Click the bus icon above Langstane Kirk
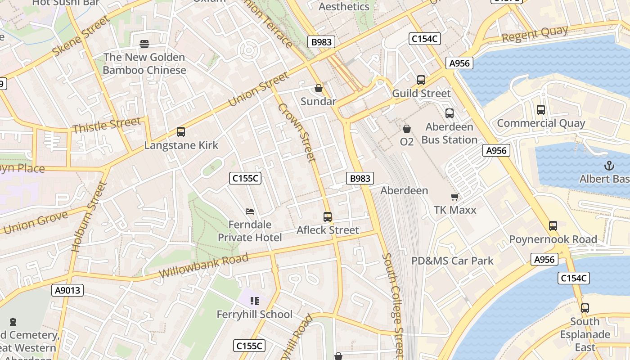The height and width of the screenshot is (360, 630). coord(181,132)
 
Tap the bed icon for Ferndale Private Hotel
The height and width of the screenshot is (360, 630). coord(250,211)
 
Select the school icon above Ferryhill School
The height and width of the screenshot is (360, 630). coord(255,301)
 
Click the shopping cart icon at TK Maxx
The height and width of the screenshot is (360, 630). coord(455,197)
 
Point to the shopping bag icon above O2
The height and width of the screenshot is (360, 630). coord(407,129)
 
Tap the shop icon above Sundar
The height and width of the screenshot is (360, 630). coord(319,88)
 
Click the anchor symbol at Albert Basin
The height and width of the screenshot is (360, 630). coord(609,166)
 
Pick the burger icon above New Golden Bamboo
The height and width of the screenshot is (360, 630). coord(144,44)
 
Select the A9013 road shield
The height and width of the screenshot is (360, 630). coord(67,290)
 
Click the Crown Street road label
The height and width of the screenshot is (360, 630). coord(297,132)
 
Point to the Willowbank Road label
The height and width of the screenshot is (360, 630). coord(203,266)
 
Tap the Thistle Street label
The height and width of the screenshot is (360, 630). coord(107,126)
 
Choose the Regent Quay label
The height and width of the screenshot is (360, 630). coord(535,34)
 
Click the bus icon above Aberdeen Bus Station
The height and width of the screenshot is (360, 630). coord(450,113)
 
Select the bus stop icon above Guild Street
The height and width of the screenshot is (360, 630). coord(421,80)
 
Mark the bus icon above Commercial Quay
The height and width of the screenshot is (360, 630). coord(541,110)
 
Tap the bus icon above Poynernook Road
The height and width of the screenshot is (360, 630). coord(553,226)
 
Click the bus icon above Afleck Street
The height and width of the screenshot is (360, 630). coord(328,217)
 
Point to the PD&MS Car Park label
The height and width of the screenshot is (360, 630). coord(452,261)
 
